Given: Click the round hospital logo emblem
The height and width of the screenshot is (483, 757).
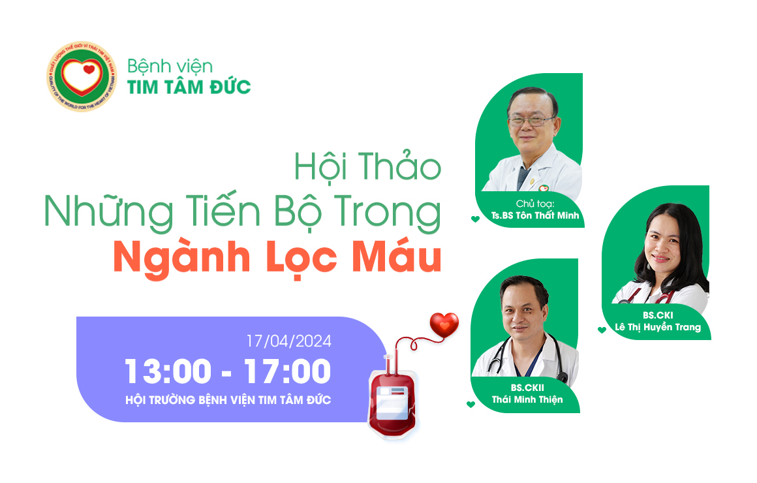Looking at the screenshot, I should point(82,77).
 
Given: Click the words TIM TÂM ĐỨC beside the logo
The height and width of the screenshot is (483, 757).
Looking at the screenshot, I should point(189,87).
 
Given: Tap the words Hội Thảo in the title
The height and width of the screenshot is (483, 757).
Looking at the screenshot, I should point(367,167).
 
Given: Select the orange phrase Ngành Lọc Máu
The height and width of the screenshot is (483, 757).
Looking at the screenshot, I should point(277,258).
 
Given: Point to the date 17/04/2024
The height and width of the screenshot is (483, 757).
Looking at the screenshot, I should point(288,341).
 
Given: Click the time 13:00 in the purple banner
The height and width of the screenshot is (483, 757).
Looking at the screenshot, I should point(168,372).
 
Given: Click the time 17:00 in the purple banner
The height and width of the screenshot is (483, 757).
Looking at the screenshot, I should point(287,372).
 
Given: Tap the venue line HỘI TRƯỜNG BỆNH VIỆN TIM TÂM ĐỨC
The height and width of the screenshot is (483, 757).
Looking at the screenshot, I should point(228,399).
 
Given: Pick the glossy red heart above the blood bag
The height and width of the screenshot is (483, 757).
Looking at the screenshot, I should point(444,324).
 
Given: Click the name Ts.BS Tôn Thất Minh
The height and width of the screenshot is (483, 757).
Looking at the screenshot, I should point(535,216).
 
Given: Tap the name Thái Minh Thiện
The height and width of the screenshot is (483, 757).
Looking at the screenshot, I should point(527,399).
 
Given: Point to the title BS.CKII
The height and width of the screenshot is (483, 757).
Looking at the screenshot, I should point(527,388).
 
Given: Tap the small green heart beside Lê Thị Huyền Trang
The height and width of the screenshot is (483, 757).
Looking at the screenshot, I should point(602,330).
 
